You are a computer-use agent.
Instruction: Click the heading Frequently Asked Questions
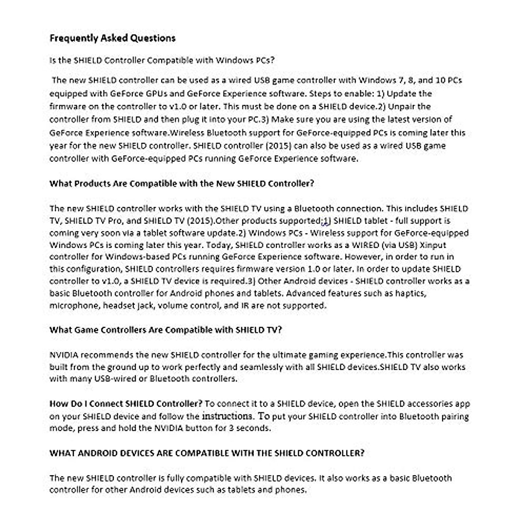112,38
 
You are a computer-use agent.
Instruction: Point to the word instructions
227,416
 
